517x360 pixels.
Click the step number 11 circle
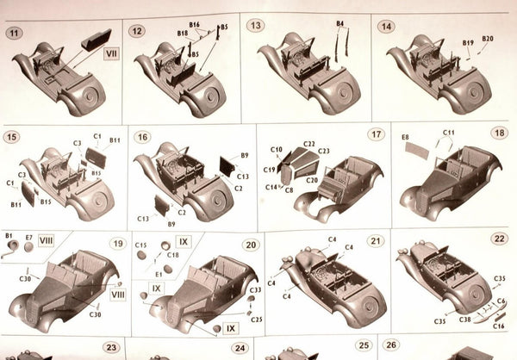pyautogui.click(x=14, y=33)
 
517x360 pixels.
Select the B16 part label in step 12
pyautogui.click(x=194, y=25)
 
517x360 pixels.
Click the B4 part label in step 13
pyautogui.click(x=340, y=22)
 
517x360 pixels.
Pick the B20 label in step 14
pyautogui.click(x=487, y=39)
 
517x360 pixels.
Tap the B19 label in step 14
pyautogui.click(x=468, y=42)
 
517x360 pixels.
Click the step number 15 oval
pyautogui.click(x=12, y=137)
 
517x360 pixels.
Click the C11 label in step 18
pyautogui.click(x=449, y=132)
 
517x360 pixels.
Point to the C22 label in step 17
pyautogui.click(x=308, y=144)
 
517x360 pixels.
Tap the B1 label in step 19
pyautogui.click(x=9, y=235)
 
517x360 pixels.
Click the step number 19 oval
pyautogui.click(x=118, y=243)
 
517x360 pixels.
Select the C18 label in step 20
pyautogui.click(x=173, y=256)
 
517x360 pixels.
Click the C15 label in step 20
pyautogui.click(x=141, y=246)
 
